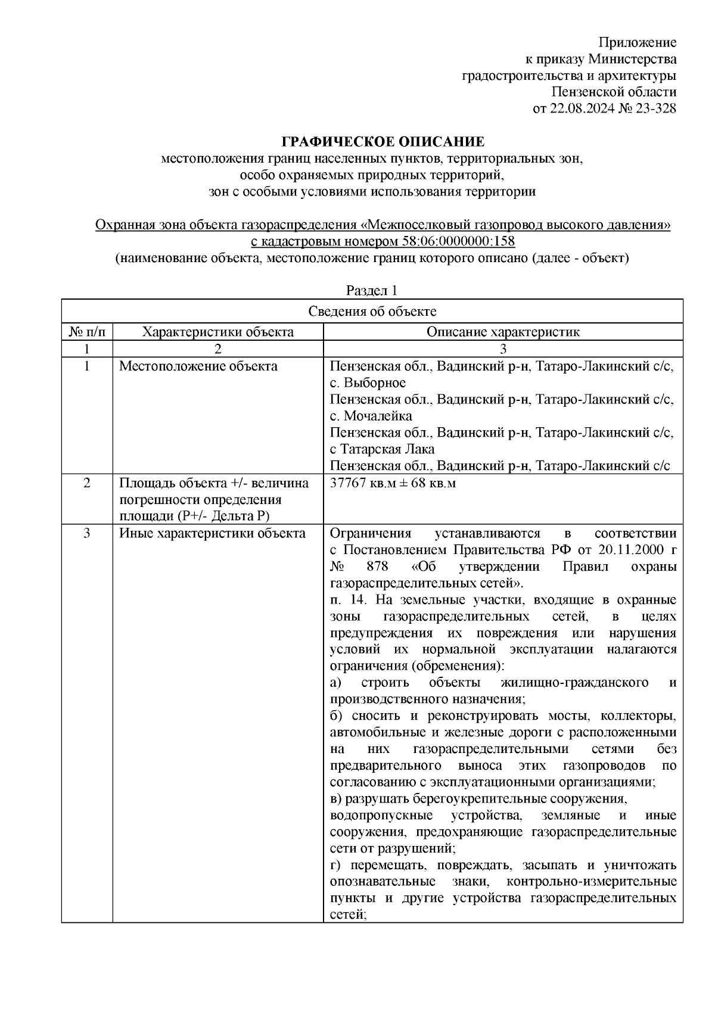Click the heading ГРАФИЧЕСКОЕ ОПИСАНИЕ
click(x=383, y=142)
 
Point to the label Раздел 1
click(x=372, y=291)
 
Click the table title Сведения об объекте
click(x=372, y=311)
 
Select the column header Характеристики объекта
click(x=218, y=332)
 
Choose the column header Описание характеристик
click(x=502, y=332)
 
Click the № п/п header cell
click(x=87, y=332)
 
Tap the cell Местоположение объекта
click(x=198, y=366)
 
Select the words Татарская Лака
click(x=386, y=449)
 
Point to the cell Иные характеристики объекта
click(x=212, y=533)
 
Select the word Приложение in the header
click(x=638, y=42)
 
